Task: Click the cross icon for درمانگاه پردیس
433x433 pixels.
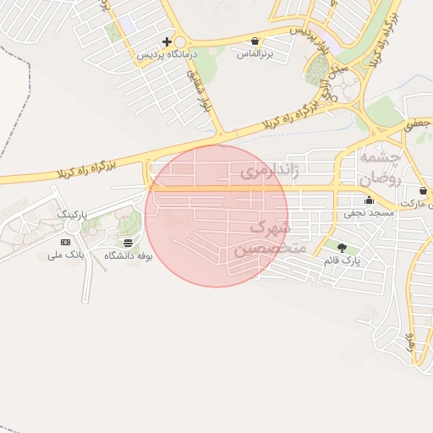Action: tap(167, 41)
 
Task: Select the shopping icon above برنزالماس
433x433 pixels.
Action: tap(255, 41)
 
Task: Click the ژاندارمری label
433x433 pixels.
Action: tap(270, 172)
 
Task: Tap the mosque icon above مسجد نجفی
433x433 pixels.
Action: tap(369, 200)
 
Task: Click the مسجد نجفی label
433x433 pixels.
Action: tap(369, 213)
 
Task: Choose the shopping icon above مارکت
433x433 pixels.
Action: tap(423, 191)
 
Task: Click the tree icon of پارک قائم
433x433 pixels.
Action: tap(342, 248)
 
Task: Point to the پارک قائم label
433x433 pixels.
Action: tap(342, 260)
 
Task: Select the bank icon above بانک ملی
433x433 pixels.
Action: tap(66, 242)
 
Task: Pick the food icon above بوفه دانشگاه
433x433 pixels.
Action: tap(128, 242)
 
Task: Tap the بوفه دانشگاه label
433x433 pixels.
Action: tap(128, 255)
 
